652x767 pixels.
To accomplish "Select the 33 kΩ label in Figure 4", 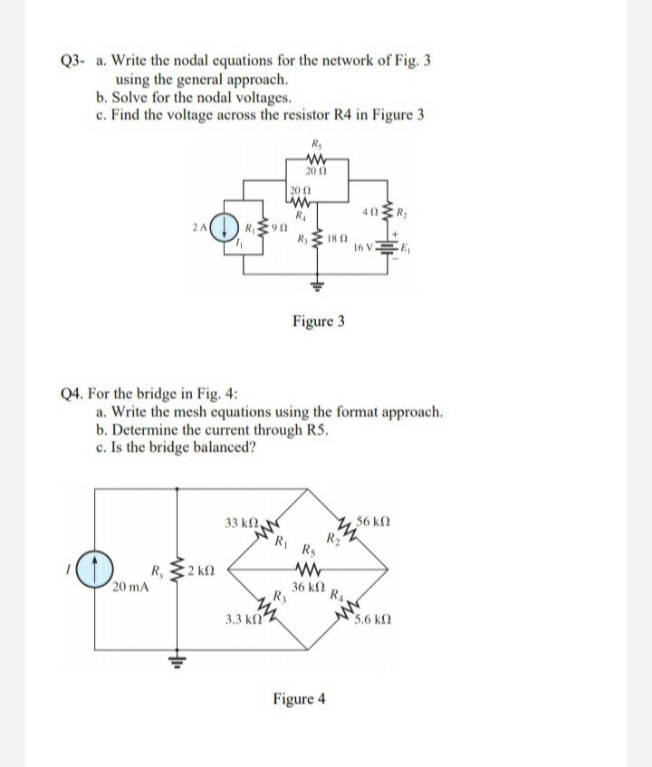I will coord(240,523).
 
